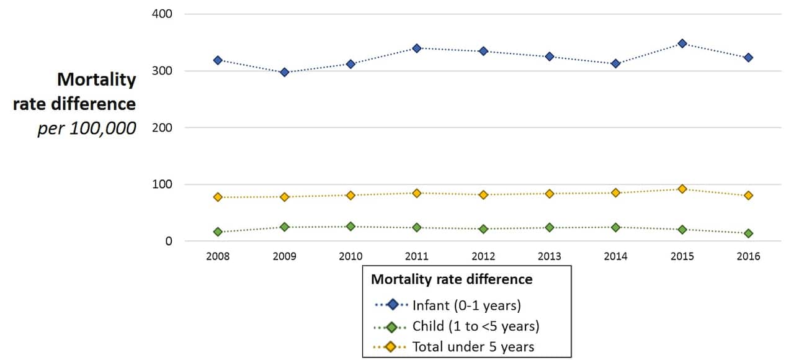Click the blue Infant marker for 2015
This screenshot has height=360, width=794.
[682, 43]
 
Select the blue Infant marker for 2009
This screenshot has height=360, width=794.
[284, 72]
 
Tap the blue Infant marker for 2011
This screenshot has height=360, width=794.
[417, 48]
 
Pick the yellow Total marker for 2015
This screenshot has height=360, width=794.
[682, 189]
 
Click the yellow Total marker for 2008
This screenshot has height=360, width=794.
[218, 197]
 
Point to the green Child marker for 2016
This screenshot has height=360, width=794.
[748, 233]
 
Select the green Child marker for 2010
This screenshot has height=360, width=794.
[350, 227]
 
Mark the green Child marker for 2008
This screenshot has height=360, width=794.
[218, 232]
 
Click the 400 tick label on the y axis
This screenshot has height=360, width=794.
[162, 14]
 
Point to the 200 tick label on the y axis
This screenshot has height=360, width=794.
[162, 127]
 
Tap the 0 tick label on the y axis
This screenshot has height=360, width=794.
[168, 241]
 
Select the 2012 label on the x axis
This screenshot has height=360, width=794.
[483, 256]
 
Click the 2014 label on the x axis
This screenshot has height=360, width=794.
[615, 256]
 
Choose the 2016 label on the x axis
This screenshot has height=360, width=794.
[748, 256]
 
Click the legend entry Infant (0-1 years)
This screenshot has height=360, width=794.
[466, 305]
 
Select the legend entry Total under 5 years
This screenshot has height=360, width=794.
[473, 347]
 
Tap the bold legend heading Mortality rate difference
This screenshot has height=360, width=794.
[452, 279]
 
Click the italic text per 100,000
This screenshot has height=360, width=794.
[86, 129]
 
